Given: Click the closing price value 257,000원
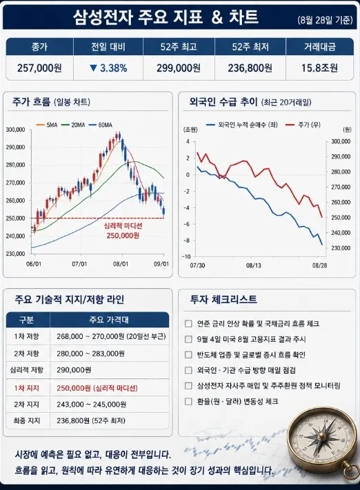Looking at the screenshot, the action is coord(39,68).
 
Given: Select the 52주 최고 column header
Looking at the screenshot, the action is coord(179,47).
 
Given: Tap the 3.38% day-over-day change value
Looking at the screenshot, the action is coord(108,68).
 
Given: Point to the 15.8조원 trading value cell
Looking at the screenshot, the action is coord(319,68).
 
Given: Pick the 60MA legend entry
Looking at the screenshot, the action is coord(100,125).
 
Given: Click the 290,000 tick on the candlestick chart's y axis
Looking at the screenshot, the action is coord(15,147).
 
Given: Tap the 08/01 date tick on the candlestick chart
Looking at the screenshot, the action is coord(121,264).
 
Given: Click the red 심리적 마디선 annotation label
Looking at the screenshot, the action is coord(123,225).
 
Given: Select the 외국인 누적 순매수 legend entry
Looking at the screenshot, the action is coord(242,125).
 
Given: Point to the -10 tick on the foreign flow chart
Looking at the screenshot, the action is coord(186,257).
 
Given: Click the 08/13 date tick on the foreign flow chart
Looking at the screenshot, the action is coord(253,265).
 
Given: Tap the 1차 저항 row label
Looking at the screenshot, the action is coord(27,336).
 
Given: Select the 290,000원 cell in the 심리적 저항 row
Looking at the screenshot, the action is coord(74,370).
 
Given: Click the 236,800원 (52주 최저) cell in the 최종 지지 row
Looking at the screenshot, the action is coord(91,420).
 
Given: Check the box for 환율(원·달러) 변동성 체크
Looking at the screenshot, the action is coord(188,401).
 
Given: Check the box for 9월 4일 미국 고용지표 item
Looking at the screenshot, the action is coord(188,339).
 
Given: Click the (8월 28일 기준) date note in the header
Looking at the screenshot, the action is coord(326,20).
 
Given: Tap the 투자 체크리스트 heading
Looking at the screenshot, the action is coord(223,299).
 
